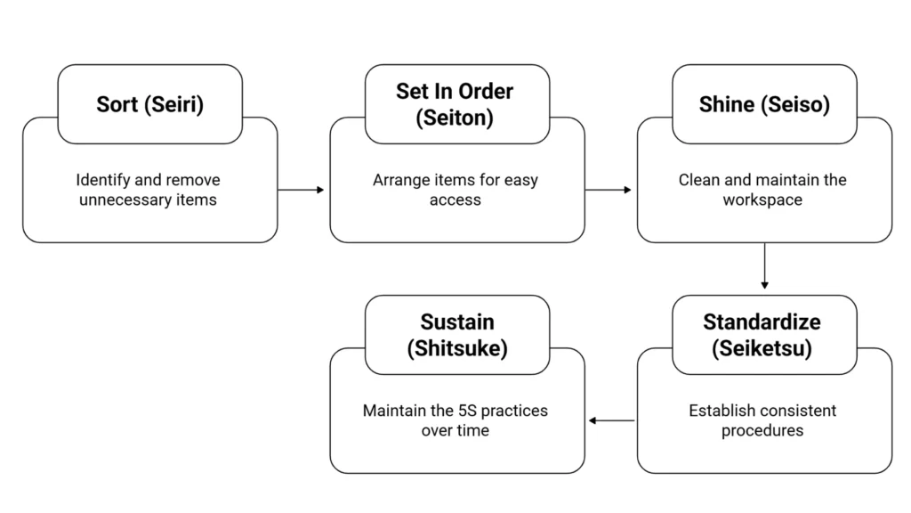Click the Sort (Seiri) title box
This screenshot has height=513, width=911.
tap(149, 104)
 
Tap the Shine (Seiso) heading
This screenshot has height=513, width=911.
tap(764, 104)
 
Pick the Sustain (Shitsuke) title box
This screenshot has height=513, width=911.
tap(457, 335)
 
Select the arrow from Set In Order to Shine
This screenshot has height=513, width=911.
tap(609, 190)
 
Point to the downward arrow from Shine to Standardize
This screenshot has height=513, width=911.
tap(764, 266)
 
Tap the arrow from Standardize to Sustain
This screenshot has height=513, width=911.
tap(612, 420)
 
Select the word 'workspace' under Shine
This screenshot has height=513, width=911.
tap(762, 200)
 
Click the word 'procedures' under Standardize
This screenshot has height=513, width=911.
tap(763, 431)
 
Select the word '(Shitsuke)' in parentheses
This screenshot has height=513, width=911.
tap(457, 348)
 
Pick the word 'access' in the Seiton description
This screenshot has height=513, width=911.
tap(455, 200)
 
